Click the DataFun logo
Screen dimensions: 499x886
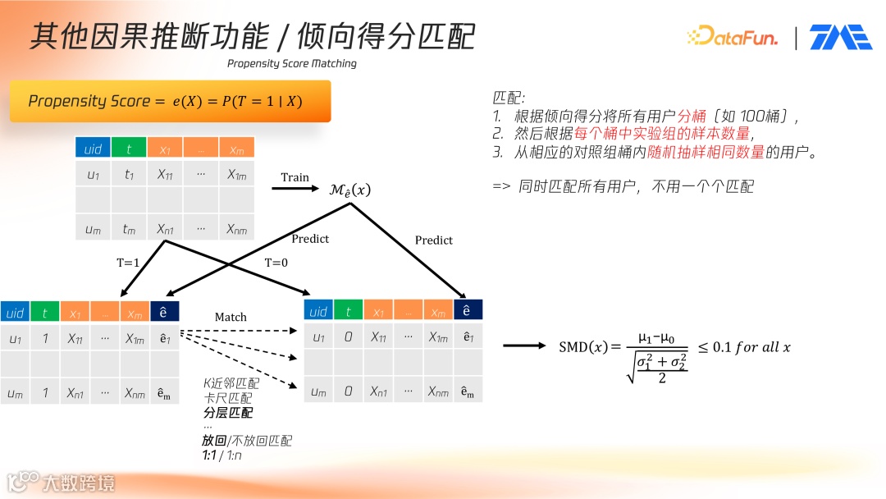(732, 36)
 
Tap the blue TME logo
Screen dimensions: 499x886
(840, 37)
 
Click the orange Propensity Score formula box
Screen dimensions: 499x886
(170, 101)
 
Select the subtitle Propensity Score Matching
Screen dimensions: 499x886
(291, 63)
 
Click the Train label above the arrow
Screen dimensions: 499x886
(295, 177)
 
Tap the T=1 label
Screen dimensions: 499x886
(129, 263)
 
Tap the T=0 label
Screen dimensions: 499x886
(277, 263)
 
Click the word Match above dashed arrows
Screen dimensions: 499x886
(231, 317)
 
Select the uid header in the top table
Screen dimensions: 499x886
(93, 149)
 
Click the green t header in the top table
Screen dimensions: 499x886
(129, 149)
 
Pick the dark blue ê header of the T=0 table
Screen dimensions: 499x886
(467, 309)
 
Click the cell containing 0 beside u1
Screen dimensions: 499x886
(348, 337)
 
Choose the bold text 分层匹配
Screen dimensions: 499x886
(228, 412)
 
